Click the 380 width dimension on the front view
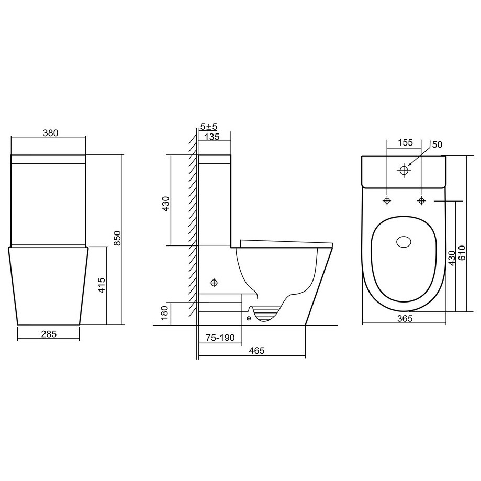pos(51,133)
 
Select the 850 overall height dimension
pos(118,238)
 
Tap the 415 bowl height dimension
pos(102,285)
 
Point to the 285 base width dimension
pos(49,334)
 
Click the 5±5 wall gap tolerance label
pos(209,126)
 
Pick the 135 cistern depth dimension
pos(212,137)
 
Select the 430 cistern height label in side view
pos(165,204)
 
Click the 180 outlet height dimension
pos(165,313)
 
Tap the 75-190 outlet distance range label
pos(220,338)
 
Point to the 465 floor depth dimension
pos(256,350)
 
